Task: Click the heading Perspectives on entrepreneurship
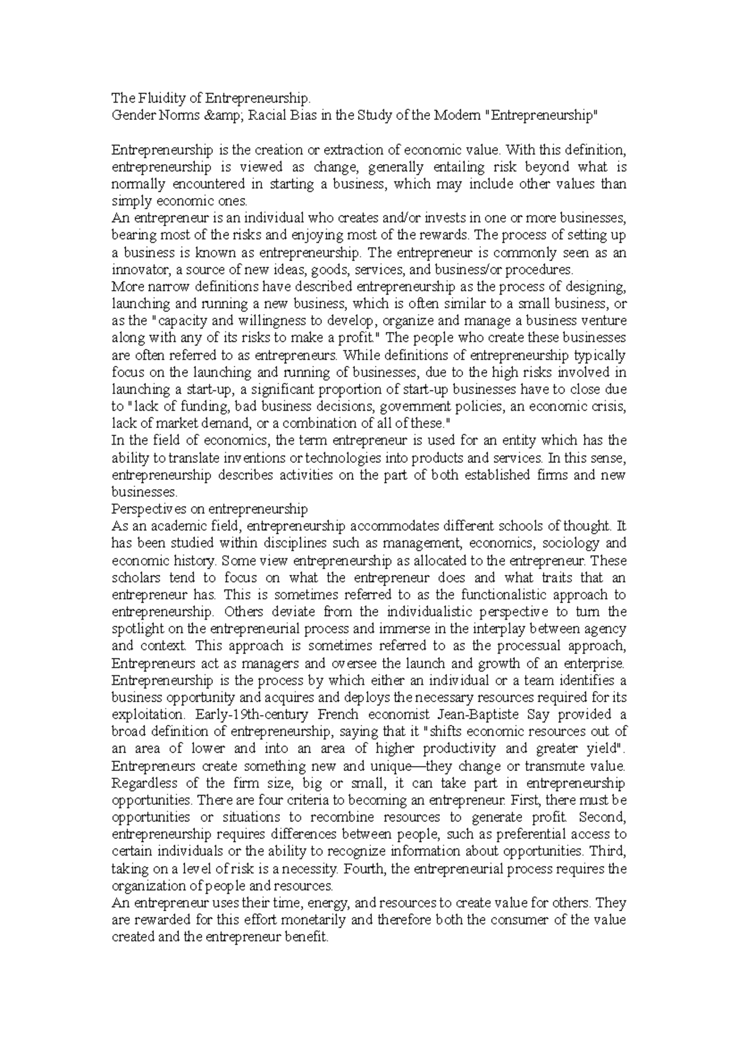pyautogui.click(x=209, y=508)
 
